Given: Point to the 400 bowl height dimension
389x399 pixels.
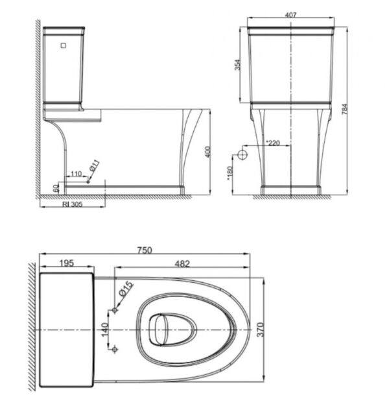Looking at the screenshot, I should click(x=207, y=151).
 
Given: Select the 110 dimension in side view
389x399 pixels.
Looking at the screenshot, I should click(x=77, y=175).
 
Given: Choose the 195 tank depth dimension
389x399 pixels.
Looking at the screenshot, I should click(x=66, y=263).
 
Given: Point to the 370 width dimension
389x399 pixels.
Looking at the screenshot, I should click(x=261, y=331).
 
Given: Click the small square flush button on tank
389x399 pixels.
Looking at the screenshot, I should click(x=64, y=45).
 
